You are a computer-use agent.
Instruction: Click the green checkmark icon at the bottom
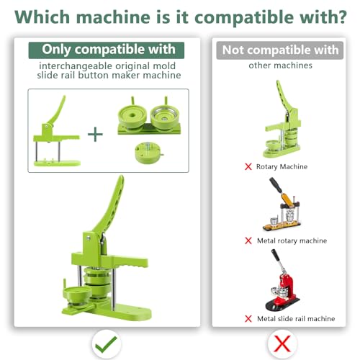point(106,345)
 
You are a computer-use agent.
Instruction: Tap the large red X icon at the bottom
point(282,343)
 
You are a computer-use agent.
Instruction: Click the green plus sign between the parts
point(95,134)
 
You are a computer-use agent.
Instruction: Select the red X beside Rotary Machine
point(248,166)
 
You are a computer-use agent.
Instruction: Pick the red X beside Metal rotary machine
point(248,240)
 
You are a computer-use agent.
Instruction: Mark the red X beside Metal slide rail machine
point(248,319)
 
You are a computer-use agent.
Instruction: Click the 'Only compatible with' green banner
point(107,50)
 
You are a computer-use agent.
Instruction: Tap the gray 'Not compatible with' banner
point(280,50)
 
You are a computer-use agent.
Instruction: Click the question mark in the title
point(341,17)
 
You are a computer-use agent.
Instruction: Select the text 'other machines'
point(280,66)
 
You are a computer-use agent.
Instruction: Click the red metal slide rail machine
point(282,280)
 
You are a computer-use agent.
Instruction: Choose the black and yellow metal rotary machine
point(282,204)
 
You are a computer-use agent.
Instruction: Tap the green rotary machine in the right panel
point(282,119)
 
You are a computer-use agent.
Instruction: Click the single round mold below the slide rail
point(149,152)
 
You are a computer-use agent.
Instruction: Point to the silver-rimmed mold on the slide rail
point(165,116)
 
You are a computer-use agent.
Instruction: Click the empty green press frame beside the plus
point(57,131)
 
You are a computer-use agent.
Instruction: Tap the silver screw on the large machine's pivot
point(89,238)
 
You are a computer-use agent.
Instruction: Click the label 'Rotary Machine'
point(282,167)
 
